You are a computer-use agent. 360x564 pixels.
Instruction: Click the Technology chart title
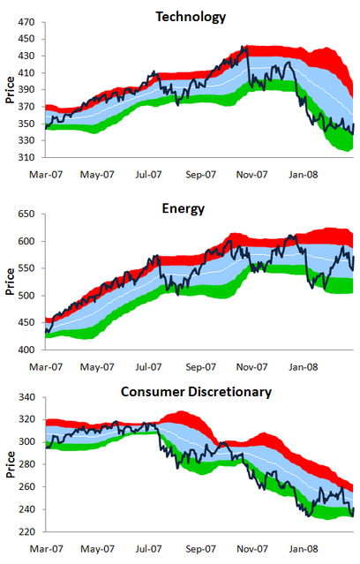pos(191,17)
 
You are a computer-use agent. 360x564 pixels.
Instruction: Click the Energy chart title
pos(191,209)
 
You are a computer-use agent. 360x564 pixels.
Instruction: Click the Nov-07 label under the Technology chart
pos(251,174)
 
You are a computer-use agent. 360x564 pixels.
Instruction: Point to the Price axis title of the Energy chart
pos(9,282)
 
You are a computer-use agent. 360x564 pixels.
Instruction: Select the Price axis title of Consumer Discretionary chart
pos(9,464)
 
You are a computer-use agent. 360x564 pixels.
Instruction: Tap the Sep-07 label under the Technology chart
pos(200,174)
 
